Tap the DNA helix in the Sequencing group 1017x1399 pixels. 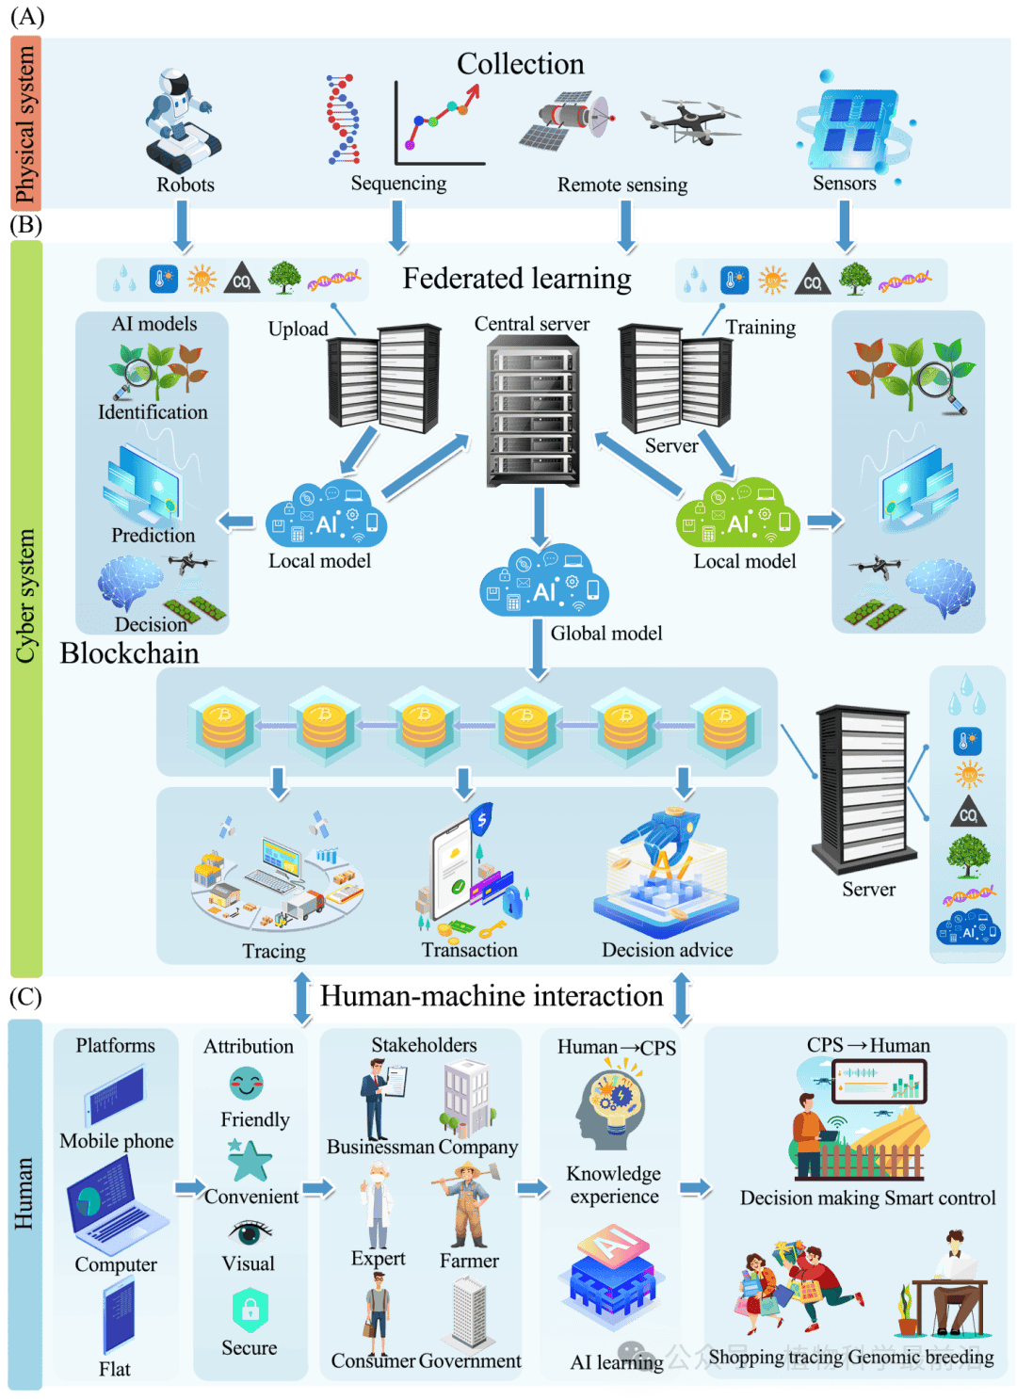click(x=343, y=120)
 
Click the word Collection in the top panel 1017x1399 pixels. click(x=520, y=64)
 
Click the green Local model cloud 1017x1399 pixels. click(x=739, y=514)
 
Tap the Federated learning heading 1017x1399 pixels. click(x=517, y=279)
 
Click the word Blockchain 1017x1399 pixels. click(x=129, y=653)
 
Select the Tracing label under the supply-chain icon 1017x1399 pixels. click(x=274, y=951)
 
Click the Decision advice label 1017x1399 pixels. click(x=667, y=950)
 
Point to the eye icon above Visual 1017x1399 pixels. click(x=250, y=1232)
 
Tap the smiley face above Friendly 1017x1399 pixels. click(x=247, y=1085)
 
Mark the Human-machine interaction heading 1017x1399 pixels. click(x=492, y=996)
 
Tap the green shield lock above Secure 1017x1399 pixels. click(x=250, y=1310)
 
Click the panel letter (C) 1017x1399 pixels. click(x=25, y=997)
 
